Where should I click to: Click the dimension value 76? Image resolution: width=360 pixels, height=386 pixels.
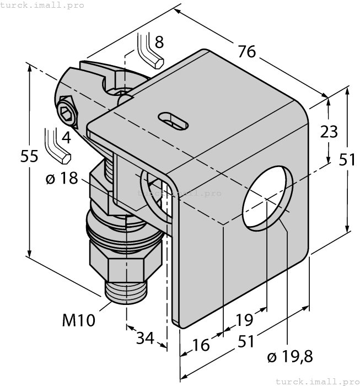click(x=247, y=51)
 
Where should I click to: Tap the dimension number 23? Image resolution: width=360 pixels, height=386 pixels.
click(x=329, y=132)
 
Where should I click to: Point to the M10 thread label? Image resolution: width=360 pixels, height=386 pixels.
click(x=78, y=320)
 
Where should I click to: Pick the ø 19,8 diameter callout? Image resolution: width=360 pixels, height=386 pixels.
click(x=289, y=358)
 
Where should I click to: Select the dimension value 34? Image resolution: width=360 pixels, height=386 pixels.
click(x=145, y=337)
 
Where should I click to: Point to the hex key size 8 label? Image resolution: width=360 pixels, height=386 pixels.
click(x=159, y=41)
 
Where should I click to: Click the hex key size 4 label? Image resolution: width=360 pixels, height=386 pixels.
click(x=66, y=137)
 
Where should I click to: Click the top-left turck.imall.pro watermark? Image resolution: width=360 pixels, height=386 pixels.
click(x=42, y=5)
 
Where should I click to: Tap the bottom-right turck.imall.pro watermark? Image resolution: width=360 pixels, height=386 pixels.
click(x=316, y=381)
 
